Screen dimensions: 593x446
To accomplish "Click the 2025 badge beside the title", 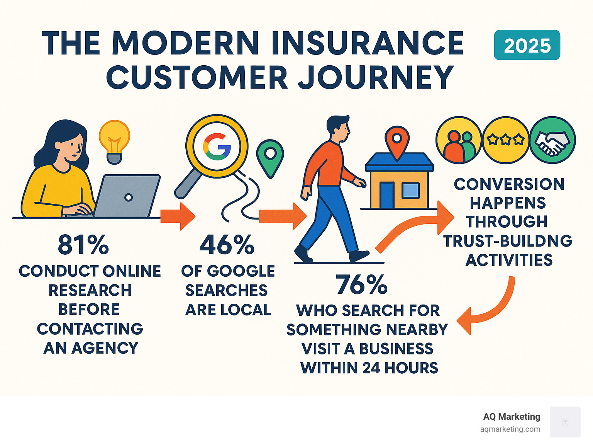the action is click(x=527, y=45).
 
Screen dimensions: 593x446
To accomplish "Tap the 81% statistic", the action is click(x=83, y=245).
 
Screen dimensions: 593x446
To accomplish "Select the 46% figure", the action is click(x=227, y=245).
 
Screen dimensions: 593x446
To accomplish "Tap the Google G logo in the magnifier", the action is click(x=217, y=146).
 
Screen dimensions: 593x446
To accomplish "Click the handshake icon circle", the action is click(x=552, y=140).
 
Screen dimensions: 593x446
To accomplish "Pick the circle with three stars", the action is click(x=505, y=140).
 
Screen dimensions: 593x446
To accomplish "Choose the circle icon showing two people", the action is click(x=459, y=140).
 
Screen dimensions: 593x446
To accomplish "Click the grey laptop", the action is click(x=126, y=196).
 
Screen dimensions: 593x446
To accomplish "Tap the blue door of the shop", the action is click(x=386, y=195).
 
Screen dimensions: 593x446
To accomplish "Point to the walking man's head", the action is click(x=338, y=128).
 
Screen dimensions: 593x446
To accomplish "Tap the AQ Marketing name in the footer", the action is click(x=512, y=417).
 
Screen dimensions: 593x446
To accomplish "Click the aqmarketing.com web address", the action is click(x=510, y=429).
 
